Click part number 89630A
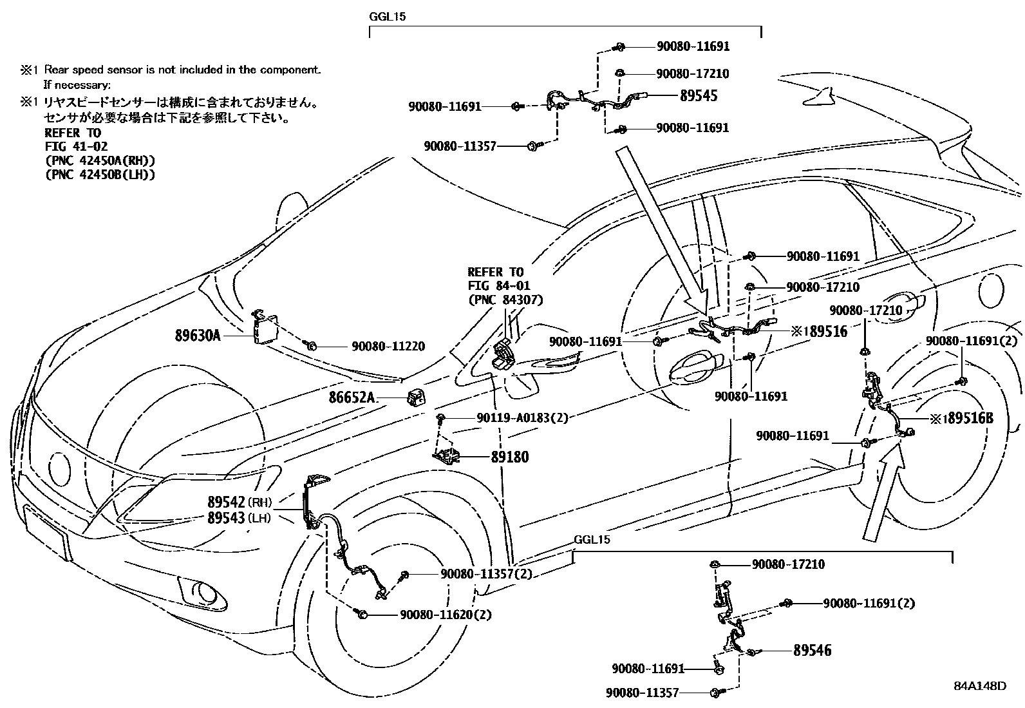(198, 335)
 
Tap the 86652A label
(353, 398)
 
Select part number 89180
(509, 457)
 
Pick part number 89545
(699, 96)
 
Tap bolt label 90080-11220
(388, 347)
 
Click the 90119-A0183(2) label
(523, 417)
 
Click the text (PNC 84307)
(505, 300)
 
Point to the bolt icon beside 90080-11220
(310, 346)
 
